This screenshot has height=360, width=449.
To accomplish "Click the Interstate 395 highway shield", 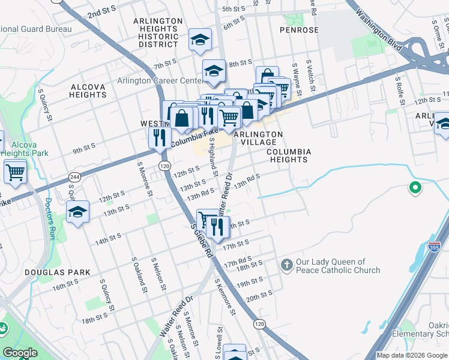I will [434, 246].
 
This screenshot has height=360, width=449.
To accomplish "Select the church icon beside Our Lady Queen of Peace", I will [287, 265].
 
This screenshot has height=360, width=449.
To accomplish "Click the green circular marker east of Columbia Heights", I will [414, 188].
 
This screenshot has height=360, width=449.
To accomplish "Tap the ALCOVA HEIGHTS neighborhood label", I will [88, 91].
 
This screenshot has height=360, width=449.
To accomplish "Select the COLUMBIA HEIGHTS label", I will [289, 156].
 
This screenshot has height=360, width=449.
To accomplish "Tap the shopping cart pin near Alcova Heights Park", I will [15, 172].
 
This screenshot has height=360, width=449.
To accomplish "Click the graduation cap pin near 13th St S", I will [77, 212].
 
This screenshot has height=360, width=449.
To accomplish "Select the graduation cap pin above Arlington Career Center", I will [213, 71].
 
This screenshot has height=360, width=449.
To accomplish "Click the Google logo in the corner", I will [20, 353].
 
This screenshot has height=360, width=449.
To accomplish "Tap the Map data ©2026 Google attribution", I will [412, 355].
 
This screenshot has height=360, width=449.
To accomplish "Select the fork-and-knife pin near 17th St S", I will [217, 226].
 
